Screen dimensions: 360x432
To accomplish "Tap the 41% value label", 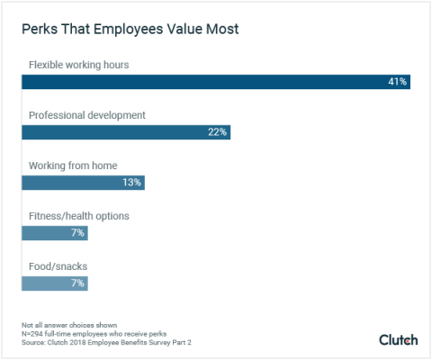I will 397,82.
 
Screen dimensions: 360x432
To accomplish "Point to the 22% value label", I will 217,132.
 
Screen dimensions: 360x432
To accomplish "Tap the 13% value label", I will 130,183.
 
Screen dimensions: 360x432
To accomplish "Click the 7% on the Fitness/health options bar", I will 77,233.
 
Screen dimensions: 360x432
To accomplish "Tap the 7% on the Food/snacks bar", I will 77,283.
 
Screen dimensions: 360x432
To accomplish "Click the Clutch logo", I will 398,339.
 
